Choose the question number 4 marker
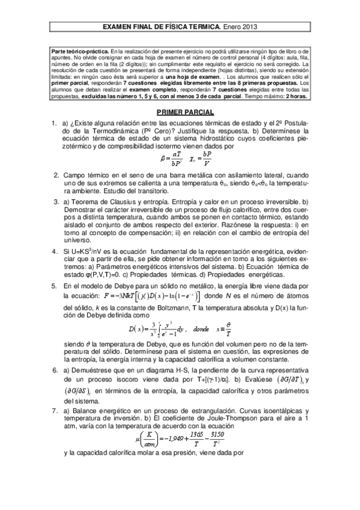[54, 235]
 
